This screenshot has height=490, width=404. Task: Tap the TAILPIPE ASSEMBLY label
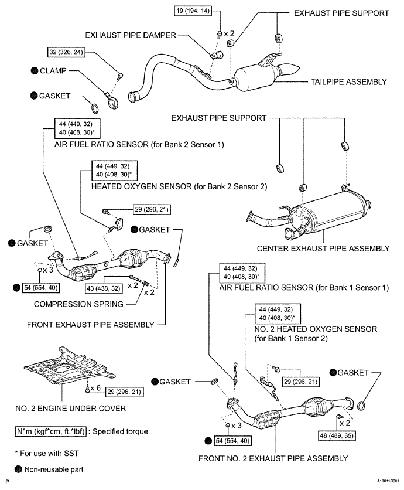pyautogui.click(x=348, y=82)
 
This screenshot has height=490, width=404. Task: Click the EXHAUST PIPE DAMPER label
pyautogui.click(x=131, y=35)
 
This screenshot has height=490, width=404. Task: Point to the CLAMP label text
pyautogui.click(x=53, y=70)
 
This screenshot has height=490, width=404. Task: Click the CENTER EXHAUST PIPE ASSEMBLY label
pyautogui.click(x=323, y=249)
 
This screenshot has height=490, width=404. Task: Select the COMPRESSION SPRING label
pyautogui.click(x=78, y=304)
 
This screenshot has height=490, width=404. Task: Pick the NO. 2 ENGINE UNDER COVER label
pyautogui.click(x=71, y=409)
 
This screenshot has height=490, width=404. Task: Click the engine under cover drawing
pyautogui.click(x=70, y=365)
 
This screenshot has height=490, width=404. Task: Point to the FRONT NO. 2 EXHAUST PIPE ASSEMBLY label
pyautogui.click(x=273, y=458)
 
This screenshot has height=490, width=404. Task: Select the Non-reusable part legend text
pyautogui.click(x=54, y=469)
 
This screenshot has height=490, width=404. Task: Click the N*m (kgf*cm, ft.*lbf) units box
pyautogui.click(x=50, y=431)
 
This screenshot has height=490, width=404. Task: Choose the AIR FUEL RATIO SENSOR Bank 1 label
pyautogui.click(x=304, y=288)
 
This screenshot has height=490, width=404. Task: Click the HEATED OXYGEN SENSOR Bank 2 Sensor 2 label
pyautogui.click(x=179, y=186)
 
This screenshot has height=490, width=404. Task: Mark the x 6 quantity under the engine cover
pyautogui.click(x=95, y=388)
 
